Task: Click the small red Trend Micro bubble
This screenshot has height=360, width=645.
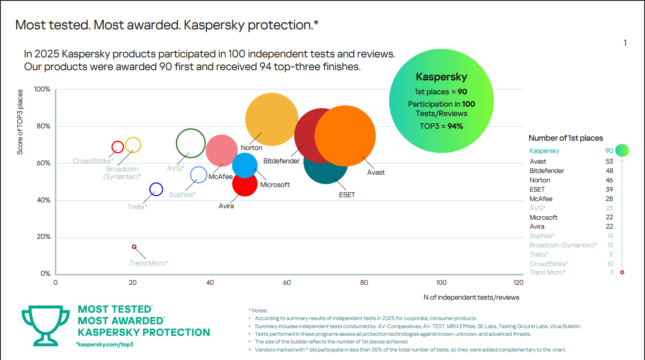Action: pyautogui.click(x=134, y=247)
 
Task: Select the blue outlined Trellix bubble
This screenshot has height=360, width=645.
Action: pyautogui.click(x=156, y=189)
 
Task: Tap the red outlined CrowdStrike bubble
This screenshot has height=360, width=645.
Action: pyautogui.click(x=118, y=147)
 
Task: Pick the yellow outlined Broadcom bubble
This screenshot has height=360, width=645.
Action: pyautogui.click(x=133, y=145)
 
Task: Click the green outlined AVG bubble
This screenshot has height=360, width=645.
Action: pyautogui.click(x=191, y=143)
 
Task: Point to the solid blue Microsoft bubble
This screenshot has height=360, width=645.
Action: pyautogui.click(x=245, y=165)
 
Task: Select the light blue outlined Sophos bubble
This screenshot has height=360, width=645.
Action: pyautogui.click(x=198, y=175)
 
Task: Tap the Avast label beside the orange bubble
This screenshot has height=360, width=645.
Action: pyautogui.click(x=376, y=173)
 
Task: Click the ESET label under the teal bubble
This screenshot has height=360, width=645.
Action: pyautogui.click(x=347, y=195)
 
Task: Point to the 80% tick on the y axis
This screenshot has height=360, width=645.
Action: pyautogui.click(x=43, y=126)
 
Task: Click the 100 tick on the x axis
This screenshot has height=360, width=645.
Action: pyautogui.click(x=441, y=283)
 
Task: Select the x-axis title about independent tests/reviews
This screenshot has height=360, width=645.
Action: pyautogui.click(x=471, y=298)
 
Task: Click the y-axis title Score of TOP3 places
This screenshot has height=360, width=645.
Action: pyautogui.click(x=20, y=122)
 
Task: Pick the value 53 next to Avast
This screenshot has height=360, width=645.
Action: pyautogui.click(x=609, y=162)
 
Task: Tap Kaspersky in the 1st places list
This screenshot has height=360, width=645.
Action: pyautogui.click(x=544, y=151)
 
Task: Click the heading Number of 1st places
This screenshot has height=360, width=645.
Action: pyautogui.click(x=566, y=138)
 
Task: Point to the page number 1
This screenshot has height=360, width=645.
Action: pyautogui.click(x=625, y=43)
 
